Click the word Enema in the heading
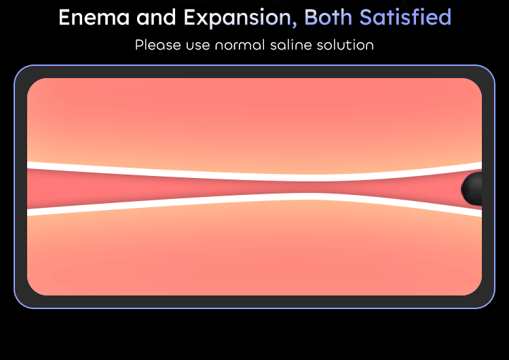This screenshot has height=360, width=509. (94, 17)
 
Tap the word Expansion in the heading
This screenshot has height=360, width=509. (238, 18)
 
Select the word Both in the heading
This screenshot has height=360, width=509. (328, 17)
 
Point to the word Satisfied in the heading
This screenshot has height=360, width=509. (405, 17)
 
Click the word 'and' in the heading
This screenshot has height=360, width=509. (157, 17)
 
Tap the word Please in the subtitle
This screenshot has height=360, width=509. (157, 45)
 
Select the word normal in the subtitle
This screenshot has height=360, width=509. (240, 45)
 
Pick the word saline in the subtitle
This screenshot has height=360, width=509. (290, 45)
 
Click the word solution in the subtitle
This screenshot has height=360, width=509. (345, 45)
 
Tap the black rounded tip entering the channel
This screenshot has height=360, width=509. (472, 189)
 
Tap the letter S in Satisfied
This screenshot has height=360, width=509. (366, 17)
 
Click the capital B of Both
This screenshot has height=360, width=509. (311, 17)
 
